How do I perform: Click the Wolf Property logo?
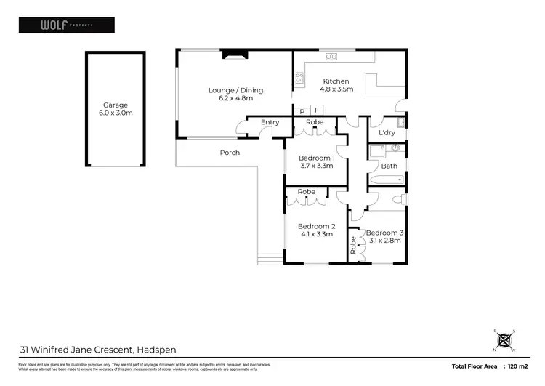(65, 25)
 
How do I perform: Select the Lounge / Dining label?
(235, 95)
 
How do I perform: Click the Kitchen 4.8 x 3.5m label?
(336, 85)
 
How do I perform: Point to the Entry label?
(270, 122)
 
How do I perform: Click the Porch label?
(230, 153)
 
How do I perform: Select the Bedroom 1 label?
(316, 161)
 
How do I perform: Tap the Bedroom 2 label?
(316, 230)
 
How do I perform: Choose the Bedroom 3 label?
(384, 236)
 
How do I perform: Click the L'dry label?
(387, 134)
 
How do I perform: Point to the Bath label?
(389, 166)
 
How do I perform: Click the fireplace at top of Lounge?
(235, 53)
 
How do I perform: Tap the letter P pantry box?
(302, 110)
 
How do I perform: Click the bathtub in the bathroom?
(385, 179)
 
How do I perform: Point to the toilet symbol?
(398, 199)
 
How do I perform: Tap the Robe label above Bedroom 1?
(315, 122)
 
